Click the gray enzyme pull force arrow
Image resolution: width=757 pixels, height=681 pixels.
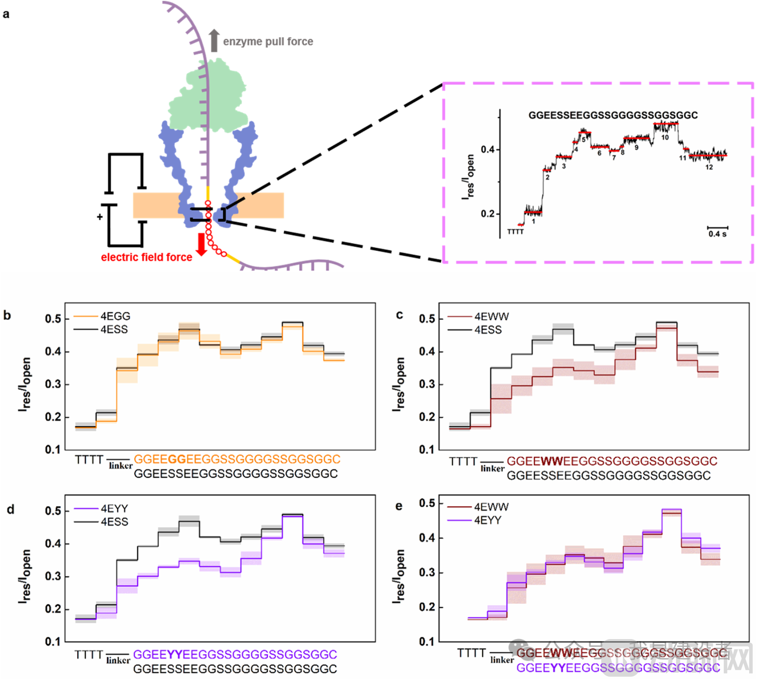[214, 41]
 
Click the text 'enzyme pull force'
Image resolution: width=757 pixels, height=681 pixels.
[268, 42]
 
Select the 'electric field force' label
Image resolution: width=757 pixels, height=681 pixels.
[147, 257]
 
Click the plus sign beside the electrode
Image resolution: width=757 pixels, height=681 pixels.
[100, 217]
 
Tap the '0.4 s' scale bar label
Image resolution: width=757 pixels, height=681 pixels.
[717, 234]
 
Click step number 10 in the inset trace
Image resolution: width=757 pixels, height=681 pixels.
[665, 137]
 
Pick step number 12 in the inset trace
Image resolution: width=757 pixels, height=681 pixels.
[709, 167]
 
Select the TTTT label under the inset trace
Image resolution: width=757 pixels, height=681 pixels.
[515, 232]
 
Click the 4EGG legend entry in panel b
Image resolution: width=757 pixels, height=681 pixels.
[115, 316]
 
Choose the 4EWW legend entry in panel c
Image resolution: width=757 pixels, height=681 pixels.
[491, 317]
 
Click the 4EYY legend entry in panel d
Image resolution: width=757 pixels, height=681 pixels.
[114, 508]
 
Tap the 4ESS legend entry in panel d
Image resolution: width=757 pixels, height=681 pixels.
[114, 522]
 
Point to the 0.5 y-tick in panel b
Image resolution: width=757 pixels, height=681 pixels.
[53, 319]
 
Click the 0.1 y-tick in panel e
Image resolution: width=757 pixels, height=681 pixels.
[427, 642]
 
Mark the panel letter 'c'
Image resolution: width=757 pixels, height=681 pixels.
[399, 315]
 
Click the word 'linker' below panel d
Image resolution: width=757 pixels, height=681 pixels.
[118, 660]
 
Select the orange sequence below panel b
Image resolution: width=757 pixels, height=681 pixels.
[237, 459]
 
